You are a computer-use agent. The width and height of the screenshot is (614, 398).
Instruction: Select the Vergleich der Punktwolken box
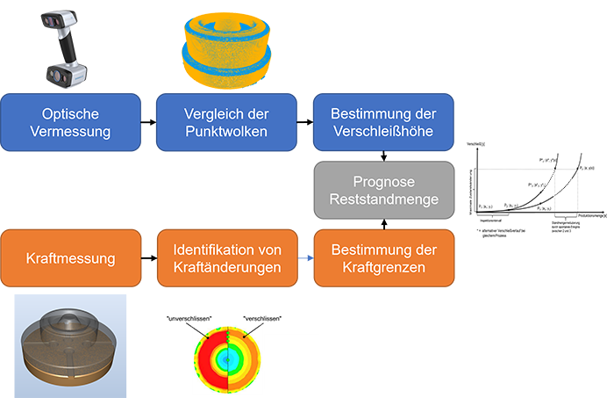tap(226, 123)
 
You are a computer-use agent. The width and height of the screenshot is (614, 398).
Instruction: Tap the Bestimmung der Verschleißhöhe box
tap(382, 123)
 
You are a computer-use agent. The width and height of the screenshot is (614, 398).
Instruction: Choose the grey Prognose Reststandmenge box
tap(382, 192)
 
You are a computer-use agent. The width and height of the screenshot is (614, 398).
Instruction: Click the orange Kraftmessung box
tap(71, 258)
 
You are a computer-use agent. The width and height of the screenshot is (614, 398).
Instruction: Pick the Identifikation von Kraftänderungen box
tap(226, 258)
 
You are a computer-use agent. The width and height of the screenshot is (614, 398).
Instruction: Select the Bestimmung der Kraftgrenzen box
tap(382, 258)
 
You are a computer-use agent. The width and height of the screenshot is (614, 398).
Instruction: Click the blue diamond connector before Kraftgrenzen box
tap(306, 258)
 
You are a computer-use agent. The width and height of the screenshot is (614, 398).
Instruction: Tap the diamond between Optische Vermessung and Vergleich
tap(149, 123)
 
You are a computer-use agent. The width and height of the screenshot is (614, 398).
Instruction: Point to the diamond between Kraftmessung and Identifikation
tap(149, 258)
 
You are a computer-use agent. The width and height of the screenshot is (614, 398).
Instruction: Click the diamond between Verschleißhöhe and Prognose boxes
tap(382, 156)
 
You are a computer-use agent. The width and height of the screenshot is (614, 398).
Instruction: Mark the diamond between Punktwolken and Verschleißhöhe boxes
tap(305, 123)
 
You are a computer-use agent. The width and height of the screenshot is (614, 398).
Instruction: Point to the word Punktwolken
tap(226, 132)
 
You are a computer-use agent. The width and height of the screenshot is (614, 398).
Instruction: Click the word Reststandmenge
tap(382, 200)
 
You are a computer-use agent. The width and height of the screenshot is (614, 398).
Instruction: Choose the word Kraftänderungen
tap(226, 267)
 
